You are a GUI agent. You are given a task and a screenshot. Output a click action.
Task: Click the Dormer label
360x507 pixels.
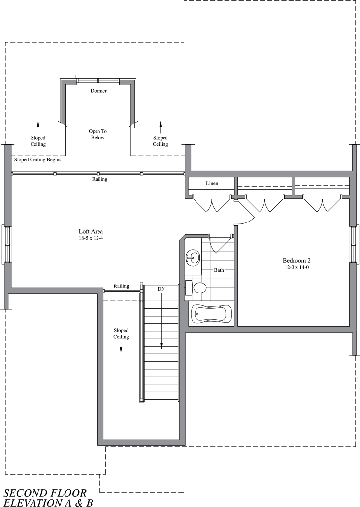(98, 91)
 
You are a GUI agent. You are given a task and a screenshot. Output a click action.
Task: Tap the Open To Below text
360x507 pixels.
(98, 134)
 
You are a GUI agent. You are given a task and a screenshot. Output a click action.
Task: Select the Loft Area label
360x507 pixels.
(91, 231)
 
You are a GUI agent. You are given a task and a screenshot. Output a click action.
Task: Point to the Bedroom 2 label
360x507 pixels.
(296, 260)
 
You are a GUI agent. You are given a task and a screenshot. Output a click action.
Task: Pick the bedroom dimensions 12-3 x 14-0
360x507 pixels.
(296, 267)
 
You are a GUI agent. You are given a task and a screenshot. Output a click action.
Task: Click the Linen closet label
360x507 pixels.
(212, 183)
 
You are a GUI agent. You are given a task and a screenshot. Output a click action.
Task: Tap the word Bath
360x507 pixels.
(219, 270)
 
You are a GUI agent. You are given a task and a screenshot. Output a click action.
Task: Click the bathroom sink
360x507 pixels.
(193, 257)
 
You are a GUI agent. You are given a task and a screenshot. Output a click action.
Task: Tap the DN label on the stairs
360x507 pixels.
(161, 289)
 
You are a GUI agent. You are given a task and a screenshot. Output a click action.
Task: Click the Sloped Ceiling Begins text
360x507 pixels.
(37, 160)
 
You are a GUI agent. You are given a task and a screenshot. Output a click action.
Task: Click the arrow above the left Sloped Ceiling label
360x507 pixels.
(38, 125)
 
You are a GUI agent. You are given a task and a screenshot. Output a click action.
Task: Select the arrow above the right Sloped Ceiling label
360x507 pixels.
(161, 125)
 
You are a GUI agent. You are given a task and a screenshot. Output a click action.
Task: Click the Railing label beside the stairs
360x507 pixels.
(121, 286)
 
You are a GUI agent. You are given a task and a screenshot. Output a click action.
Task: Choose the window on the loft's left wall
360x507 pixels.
(7, 244)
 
